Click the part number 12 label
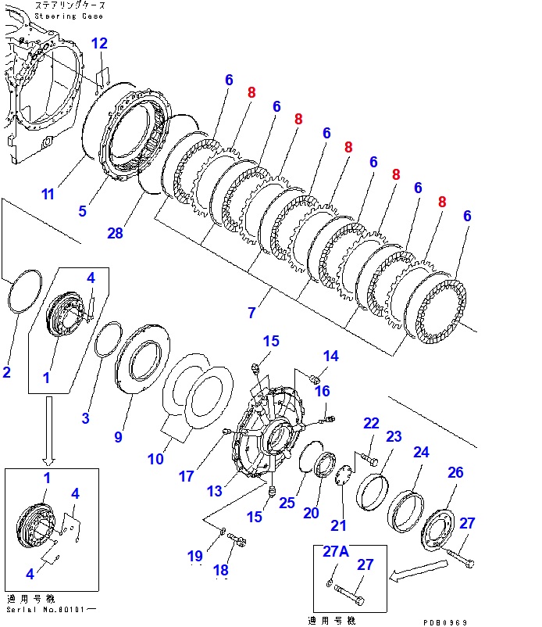(100, 43)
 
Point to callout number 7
(251, 313)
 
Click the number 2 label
(6, 372)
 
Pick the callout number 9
(118, 437)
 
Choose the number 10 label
(155, 459)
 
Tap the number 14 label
(331, 356)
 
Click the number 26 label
(455, 471)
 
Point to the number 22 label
(371, 423)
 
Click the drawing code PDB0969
(447, 622)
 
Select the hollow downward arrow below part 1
(49, 429)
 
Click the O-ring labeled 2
(23, 290)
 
